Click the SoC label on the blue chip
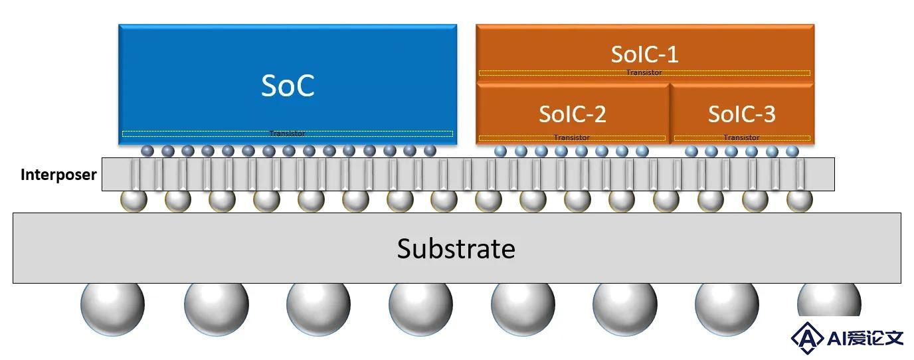(288, 86)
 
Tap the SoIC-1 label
(645, 54)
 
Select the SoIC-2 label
(573, 114)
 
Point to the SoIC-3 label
(742, 114)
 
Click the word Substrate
(456, 248)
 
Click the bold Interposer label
(58, 175)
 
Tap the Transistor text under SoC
(287, 134)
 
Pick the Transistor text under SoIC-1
(644, 72)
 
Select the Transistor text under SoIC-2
(572, 137)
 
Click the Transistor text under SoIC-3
(741, 137)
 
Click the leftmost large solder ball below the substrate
(113, 305)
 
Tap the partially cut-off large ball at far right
(829, 300)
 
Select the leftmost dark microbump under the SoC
(147, 151)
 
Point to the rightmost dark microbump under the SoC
(430, 151)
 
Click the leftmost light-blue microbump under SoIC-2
(501, 151)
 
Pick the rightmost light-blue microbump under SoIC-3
(792, 151)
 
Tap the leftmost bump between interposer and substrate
(134, 201)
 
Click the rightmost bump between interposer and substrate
(799, 201)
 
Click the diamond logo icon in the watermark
(806, 338)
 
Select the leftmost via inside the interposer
(135, 174)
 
